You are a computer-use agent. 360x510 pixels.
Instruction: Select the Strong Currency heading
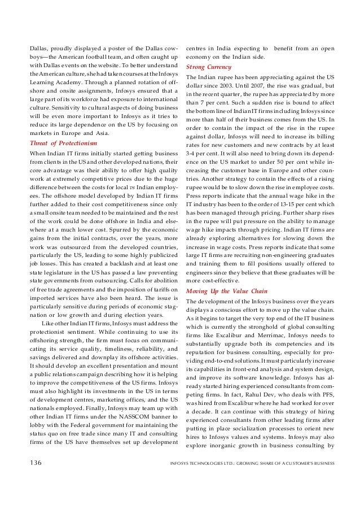205,66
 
